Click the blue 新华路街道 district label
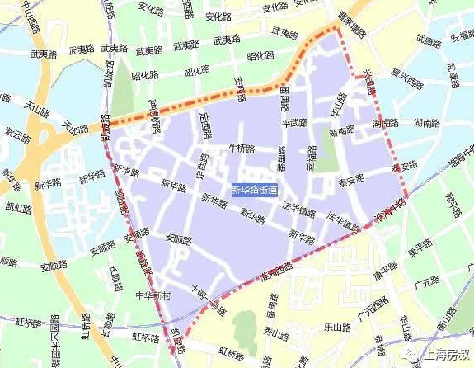(x=254, y=190)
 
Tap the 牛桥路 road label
(x=242, y=149)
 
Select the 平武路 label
(x=294, y=123)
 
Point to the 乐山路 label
(x=336, y=326)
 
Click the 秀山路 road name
(x=273, y=332)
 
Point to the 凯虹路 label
(x=16, y=205)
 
